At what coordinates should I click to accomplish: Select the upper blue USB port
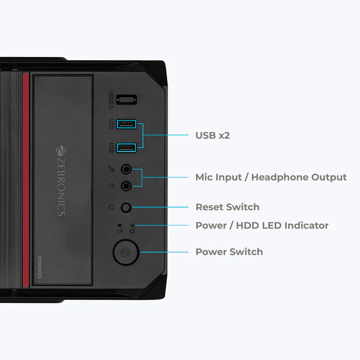[x=126, y=125]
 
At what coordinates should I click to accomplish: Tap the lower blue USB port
[x=126, y=146]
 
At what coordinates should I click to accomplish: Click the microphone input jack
[x=127, y=170]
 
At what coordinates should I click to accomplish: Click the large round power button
[x=125, y=253]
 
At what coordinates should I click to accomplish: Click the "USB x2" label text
[x=212, y=136]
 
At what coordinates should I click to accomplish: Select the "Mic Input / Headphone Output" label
[x=271, y=177]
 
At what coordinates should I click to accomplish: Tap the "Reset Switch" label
[x=227, y=207]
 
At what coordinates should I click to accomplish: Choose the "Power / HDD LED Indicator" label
[x=262, y=226]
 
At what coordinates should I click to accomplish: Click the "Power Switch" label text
[x=229, y=251]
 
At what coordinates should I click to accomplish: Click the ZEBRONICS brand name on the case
[x=61, y=181]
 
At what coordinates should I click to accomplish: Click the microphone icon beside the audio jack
[x=111, y=170]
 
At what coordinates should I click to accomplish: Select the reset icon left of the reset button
[x=112, y=208]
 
